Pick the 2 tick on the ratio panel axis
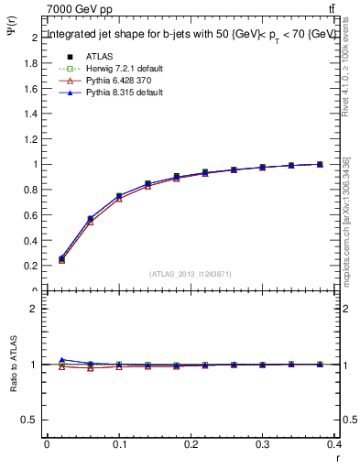coord(34,309)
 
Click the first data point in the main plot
coord(62,259)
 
